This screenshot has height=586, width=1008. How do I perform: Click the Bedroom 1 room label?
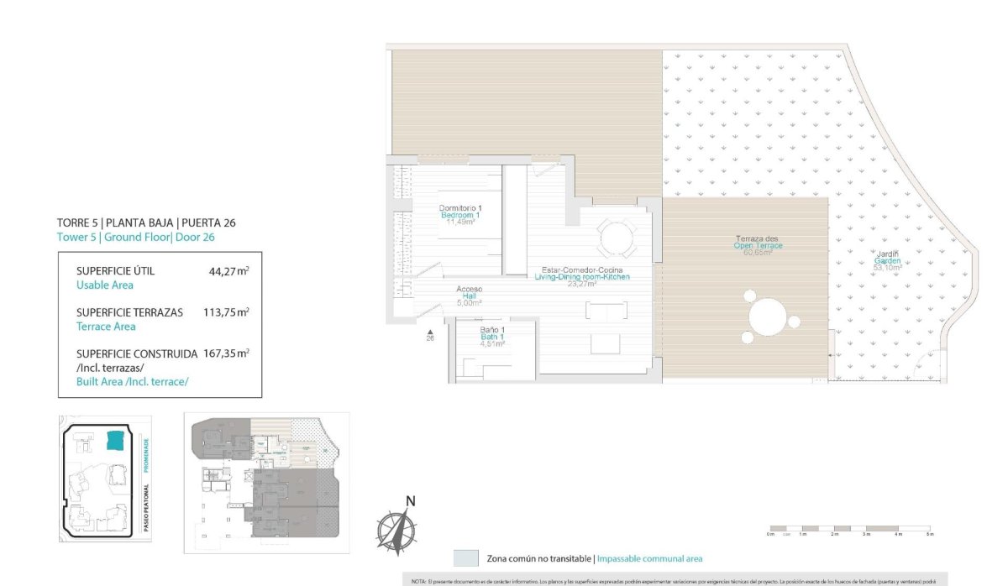click(x=459, y=215)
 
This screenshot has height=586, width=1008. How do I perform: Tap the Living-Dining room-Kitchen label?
click(x=582, y=276)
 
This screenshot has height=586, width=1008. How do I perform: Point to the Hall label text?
click(x=470, y=296)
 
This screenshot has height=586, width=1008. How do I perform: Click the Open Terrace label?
click(x=758, y=245)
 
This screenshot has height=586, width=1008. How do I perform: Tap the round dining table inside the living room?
click(x=617, y=238)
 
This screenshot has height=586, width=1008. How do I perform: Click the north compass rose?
click(x=396, y=526)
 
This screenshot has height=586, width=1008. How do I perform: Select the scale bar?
click(x=849, y=529)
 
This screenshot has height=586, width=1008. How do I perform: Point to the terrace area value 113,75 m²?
click(x=225, y=312)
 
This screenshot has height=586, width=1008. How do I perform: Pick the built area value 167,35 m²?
click(x=225, y=353)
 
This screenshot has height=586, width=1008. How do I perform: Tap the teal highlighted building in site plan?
click(x=115, y=440)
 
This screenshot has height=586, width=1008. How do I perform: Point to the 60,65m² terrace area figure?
click(x=758, y=253)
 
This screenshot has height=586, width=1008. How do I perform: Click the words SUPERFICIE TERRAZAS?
click(x=129, y=312)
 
